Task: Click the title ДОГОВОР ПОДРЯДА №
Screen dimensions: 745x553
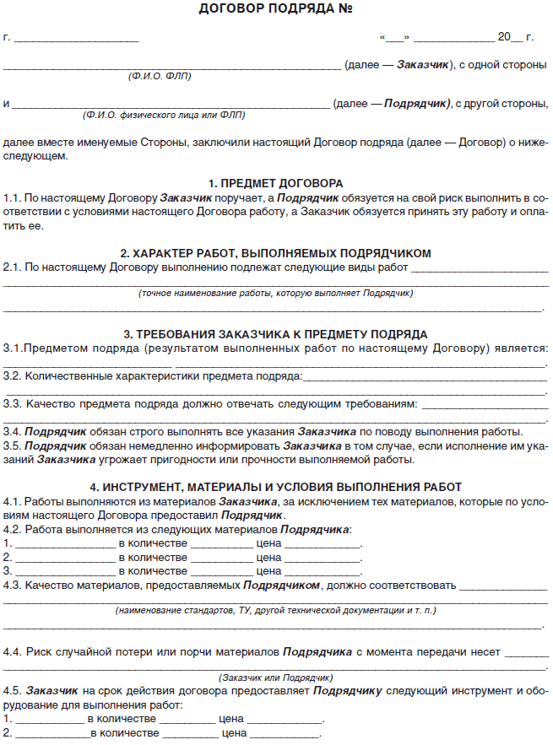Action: pyautogui.click(x=276, y=10)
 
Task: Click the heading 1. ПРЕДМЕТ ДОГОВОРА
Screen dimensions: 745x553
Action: pyautogui.click(x=276, y=183)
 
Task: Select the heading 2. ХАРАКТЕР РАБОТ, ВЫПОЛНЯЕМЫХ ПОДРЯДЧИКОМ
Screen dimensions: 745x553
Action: pyautogui.click(x=276, y=253)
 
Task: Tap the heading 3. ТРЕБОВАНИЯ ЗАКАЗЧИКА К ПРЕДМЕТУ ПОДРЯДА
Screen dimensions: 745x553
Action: pyautogui.click(x=276, y=334)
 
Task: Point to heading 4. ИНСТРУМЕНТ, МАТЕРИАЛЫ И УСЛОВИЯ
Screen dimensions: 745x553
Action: pyautogui.click(x=276, y=487)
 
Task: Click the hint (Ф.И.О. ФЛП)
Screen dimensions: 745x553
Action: pyautogui.click(x=160, y=76)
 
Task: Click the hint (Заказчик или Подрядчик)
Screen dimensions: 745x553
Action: pyautogui.click(x=276, y=678)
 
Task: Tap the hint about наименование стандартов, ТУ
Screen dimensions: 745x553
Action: pyautogui.click(x=276, y=609)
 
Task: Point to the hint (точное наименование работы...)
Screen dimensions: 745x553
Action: pyautogui.click(x=276, y=293)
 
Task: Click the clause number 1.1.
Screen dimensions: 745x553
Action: pyautogui.click(x=12, y=197)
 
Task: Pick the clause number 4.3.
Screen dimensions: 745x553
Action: pyautogui.click(x=12, y=585)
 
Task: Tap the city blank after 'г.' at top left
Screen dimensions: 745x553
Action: pyautogui.click(x=76, y=37)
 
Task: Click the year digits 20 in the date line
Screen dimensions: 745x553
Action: pyautogui.click(x=505, y=37)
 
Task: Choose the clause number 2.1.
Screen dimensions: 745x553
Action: pyautogui.click(x=12, y=267)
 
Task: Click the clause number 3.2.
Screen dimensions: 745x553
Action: pyautogui.click(x=12, y=375)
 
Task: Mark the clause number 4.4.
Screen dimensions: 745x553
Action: pyautogui.click(x=12, y=651)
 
